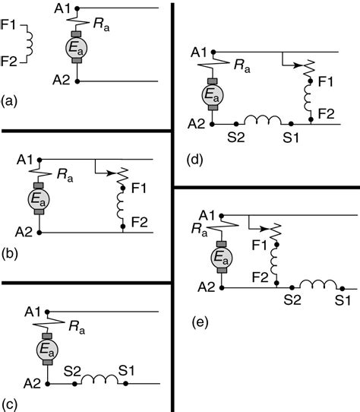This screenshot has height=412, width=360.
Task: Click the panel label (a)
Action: pos(10,100)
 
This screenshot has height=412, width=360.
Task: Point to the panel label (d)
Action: pos(194,160)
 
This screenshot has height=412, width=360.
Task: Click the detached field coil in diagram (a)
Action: pos(30,43)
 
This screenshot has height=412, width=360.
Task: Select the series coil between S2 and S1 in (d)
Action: pos(262,121)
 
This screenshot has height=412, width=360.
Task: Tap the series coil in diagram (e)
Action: pos(317,286)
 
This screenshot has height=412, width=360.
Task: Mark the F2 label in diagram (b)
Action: pos(140,221)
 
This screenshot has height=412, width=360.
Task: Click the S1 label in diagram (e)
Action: pos(343,301)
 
